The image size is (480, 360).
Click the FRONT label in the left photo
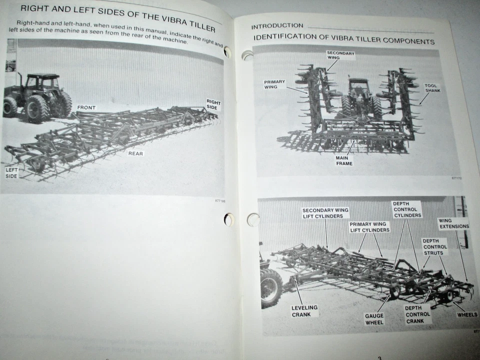pos(86,107)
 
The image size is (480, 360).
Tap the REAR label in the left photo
pos(135,153)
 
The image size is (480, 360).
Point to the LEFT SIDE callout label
pos(12,173)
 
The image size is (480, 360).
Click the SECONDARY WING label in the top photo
pos(340,55)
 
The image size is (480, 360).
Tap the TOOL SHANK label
pos(431,88)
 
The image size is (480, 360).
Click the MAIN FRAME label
pos(344,160)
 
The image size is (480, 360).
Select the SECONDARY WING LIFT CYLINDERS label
pos(325,213)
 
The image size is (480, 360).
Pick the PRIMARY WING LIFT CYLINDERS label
pos(369,227)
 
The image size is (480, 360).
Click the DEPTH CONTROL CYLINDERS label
pos(406,209)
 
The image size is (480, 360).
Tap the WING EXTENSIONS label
pos(453,223)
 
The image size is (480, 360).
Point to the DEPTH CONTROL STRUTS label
pos(434,246)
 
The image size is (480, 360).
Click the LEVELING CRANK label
pos(304,311)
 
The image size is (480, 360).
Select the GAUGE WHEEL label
pos(374,319)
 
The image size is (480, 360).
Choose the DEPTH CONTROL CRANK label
pos(417,314)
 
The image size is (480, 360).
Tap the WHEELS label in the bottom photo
pos(467,315)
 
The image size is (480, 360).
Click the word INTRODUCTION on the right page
pos(277,26)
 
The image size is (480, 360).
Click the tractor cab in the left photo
pos(42,83)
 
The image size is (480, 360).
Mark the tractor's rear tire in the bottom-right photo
pos(270,287)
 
